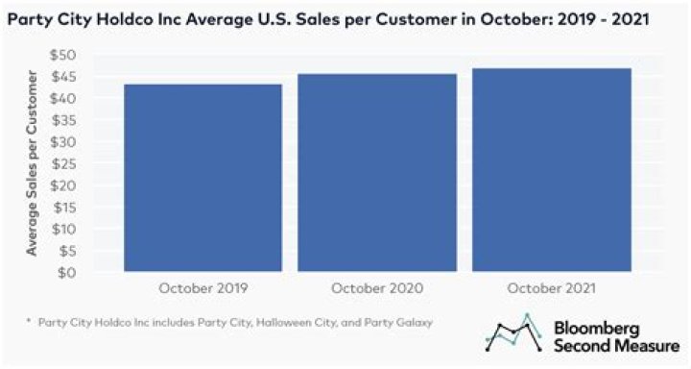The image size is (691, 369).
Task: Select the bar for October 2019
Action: click(203, 178)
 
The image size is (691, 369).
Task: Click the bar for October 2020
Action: click(377, 173)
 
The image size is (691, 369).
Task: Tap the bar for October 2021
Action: click(552, 169)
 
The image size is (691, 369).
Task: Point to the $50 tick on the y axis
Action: click(63, 55)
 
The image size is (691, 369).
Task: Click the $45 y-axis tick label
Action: click(64, 77)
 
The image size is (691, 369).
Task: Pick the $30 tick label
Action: click(63, 142)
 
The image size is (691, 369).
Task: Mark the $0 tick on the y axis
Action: click(67, 273)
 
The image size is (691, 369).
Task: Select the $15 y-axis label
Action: click(65, 208)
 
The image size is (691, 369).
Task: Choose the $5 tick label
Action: click(67, 251)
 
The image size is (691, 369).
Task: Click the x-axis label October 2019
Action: click(203, 288)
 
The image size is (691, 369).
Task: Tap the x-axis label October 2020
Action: click(377, 288)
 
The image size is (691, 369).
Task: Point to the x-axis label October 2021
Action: click(551, 288)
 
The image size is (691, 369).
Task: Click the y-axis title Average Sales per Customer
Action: click(32, 162)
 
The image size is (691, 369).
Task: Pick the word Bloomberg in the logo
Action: click(596, 329)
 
